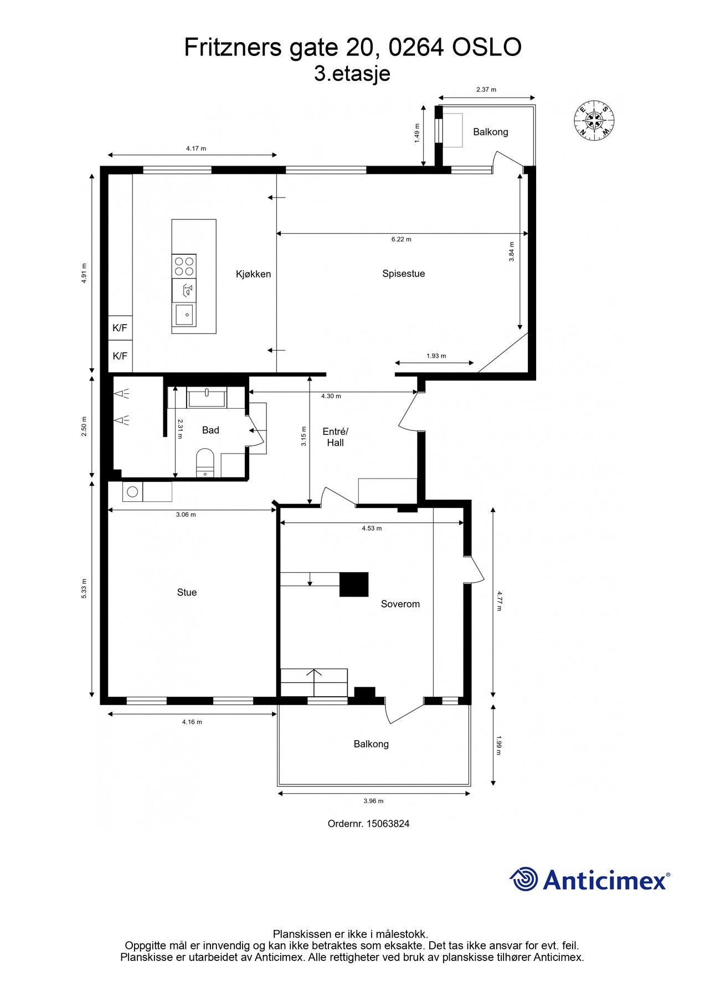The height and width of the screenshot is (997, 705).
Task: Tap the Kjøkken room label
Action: click(253, 274)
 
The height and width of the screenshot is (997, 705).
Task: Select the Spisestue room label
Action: click(403, 274)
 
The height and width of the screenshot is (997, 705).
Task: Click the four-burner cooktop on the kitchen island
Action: click(184, 266)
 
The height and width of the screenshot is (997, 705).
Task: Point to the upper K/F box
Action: click(120, 328)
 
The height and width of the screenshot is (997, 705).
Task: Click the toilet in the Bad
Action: click(205, 462)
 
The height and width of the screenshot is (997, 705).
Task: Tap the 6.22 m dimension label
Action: click(401, 239)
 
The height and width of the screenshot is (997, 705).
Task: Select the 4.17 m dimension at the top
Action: click(195, 148)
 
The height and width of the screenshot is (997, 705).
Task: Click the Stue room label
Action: click(187, 592)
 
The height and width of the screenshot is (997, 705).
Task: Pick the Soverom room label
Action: click(400, 604)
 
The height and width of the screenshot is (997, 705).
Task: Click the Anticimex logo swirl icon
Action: click(523, 878)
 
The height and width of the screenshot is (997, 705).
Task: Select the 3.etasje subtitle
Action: click(352, 73)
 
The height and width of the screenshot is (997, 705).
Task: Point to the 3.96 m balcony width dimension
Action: click(373, 801)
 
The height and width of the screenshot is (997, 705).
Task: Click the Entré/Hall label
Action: click(335, 437)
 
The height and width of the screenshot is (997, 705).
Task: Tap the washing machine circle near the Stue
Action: click(132, 491)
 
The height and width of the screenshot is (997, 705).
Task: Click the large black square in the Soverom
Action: click(354, 584)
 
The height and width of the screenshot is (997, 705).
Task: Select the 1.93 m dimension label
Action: click(436, 356)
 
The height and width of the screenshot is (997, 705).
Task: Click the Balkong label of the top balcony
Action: click(490, 132)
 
